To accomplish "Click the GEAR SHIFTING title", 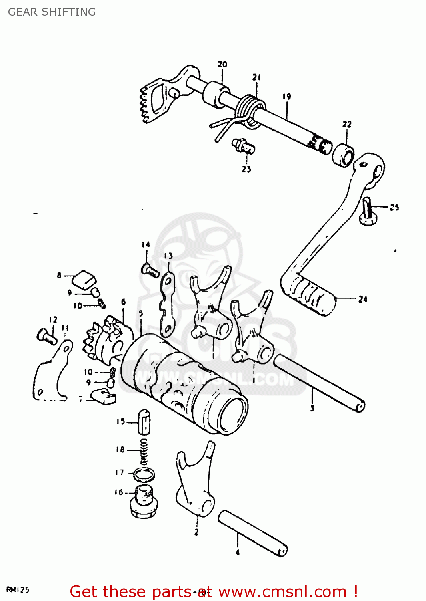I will (x=52, y=12).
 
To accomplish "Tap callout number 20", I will (x=222, y=64).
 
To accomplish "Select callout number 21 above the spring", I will (x=256, y=77).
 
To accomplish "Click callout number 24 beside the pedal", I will (x=362, y=299).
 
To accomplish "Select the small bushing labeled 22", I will (x=343, y=156).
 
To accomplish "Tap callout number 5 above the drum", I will (x=141, y=313).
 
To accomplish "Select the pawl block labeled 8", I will (x=84, y=278).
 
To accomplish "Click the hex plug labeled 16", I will (x=144, y=503).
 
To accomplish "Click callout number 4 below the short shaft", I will (x=238, y=553).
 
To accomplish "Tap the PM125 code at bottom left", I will (x=18, y=590).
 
